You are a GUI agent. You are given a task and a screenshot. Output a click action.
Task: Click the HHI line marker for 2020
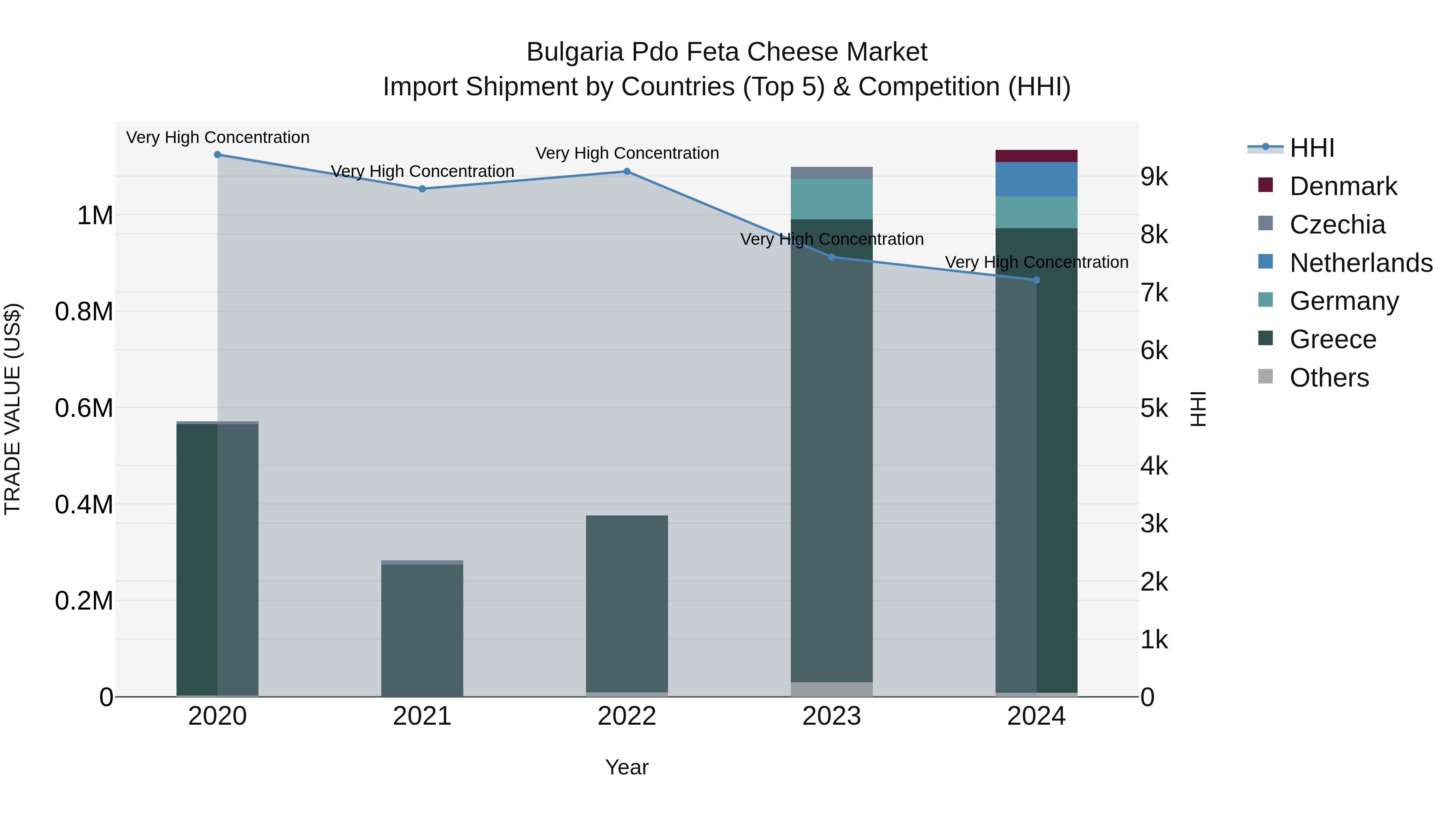[217, 155]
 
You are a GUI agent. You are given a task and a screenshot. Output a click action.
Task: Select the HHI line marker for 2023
[832, 257]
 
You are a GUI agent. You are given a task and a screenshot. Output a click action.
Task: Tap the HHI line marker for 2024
[1036, 280]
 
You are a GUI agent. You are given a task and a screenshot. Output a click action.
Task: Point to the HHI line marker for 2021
[422, 189]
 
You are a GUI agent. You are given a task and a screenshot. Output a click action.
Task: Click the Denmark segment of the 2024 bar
[1036, 156]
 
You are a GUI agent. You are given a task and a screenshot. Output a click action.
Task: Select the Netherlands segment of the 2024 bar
[1036, 179]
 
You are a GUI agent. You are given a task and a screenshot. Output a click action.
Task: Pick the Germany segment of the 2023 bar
[832, 199]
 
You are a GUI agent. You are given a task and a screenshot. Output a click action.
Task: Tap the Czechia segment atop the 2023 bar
[832, 173]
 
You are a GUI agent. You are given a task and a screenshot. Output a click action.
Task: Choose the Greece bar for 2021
[422, 629]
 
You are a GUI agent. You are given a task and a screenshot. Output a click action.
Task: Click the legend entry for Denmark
[1343, 186]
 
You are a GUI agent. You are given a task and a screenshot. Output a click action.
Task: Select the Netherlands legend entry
[1361, 263]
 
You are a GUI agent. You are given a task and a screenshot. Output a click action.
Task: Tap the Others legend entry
[1329, 378]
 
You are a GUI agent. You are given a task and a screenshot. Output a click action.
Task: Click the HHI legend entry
[1312, 148]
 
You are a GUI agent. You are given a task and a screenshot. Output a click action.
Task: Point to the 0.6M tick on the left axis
[84, 408]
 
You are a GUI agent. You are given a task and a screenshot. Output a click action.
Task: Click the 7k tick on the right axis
[1154, 293]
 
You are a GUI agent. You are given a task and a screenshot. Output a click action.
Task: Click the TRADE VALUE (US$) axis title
[13, 409]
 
